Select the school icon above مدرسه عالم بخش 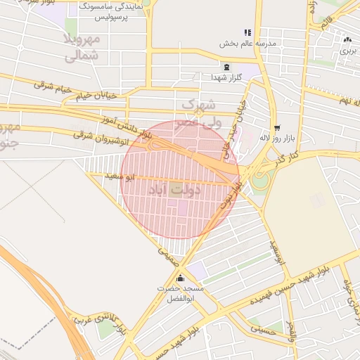tap(247, 32)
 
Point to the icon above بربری tap(347, 39)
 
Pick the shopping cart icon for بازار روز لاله tap(278, 128)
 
